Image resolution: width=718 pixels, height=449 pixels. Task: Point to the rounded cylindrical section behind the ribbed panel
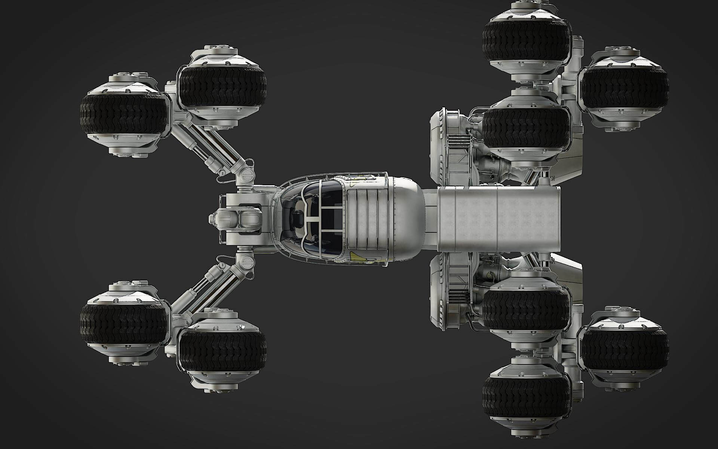[406, 219]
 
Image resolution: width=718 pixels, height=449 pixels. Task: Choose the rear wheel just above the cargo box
[527, 127]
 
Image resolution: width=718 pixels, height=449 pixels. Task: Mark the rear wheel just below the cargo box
[527, 311]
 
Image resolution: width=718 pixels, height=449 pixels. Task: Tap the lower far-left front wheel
[123, 323]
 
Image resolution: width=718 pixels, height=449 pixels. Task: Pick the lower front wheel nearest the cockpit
[223, 350]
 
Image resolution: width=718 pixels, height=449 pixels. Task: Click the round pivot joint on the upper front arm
[246, 174]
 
